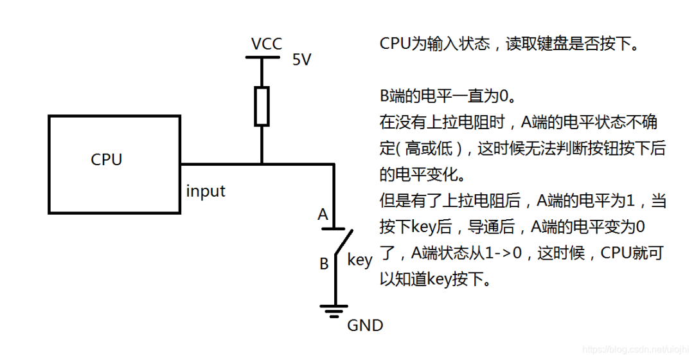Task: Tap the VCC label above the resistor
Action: (x=267, y=44)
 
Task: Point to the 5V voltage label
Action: (x=302, y=60)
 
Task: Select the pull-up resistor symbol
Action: (x=262, y=106)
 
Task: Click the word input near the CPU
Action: (x=206, y=191)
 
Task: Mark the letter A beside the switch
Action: (x=323, y=214)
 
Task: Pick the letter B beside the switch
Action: (x=324, y=264)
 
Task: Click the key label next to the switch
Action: (x=359, y=260)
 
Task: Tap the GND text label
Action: (x=365, y=325)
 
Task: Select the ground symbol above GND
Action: (x=335, y=311)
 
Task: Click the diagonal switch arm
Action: (x=344, y=242)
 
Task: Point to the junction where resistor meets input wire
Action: (x=262, y=165)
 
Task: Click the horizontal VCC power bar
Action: (x=262, y=57)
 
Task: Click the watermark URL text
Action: (x=636, y=349)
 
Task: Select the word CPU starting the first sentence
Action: (x=396, y=44)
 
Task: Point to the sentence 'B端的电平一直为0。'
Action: (x=448, y=96)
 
